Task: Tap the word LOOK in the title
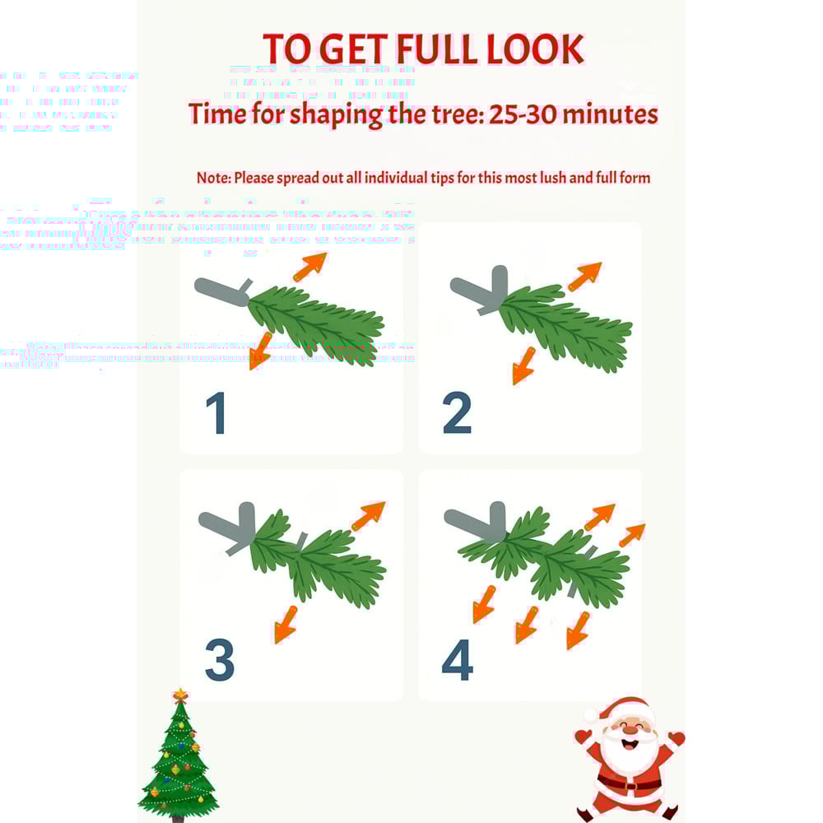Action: pyautogui.click(x=534, y=49)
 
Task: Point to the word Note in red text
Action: pyautogui.click(x=212, y=178)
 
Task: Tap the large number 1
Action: pyautogui.click(x=216, y=414)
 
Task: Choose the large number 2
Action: pyautogui.click(x=457, y=414)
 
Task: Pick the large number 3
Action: pyautogui.click(x=219, y=660)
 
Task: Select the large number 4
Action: pyautogui.click(x=458, y=660)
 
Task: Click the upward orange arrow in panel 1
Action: pyautogui.click(x=309, y=267)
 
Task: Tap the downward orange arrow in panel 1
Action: pyautogui.click(x=260, y=349)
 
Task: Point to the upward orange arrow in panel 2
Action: pyautogui.click(x=584, y=277)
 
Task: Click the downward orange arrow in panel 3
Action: pyautogui.click(x=286, y=623)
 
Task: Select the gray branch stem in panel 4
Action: pyautogui.click(x=475, y=520)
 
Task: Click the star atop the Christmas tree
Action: pyautogui.click(x=180, y=695)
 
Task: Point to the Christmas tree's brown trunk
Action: pyautogui.click(x=178, y=818)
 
